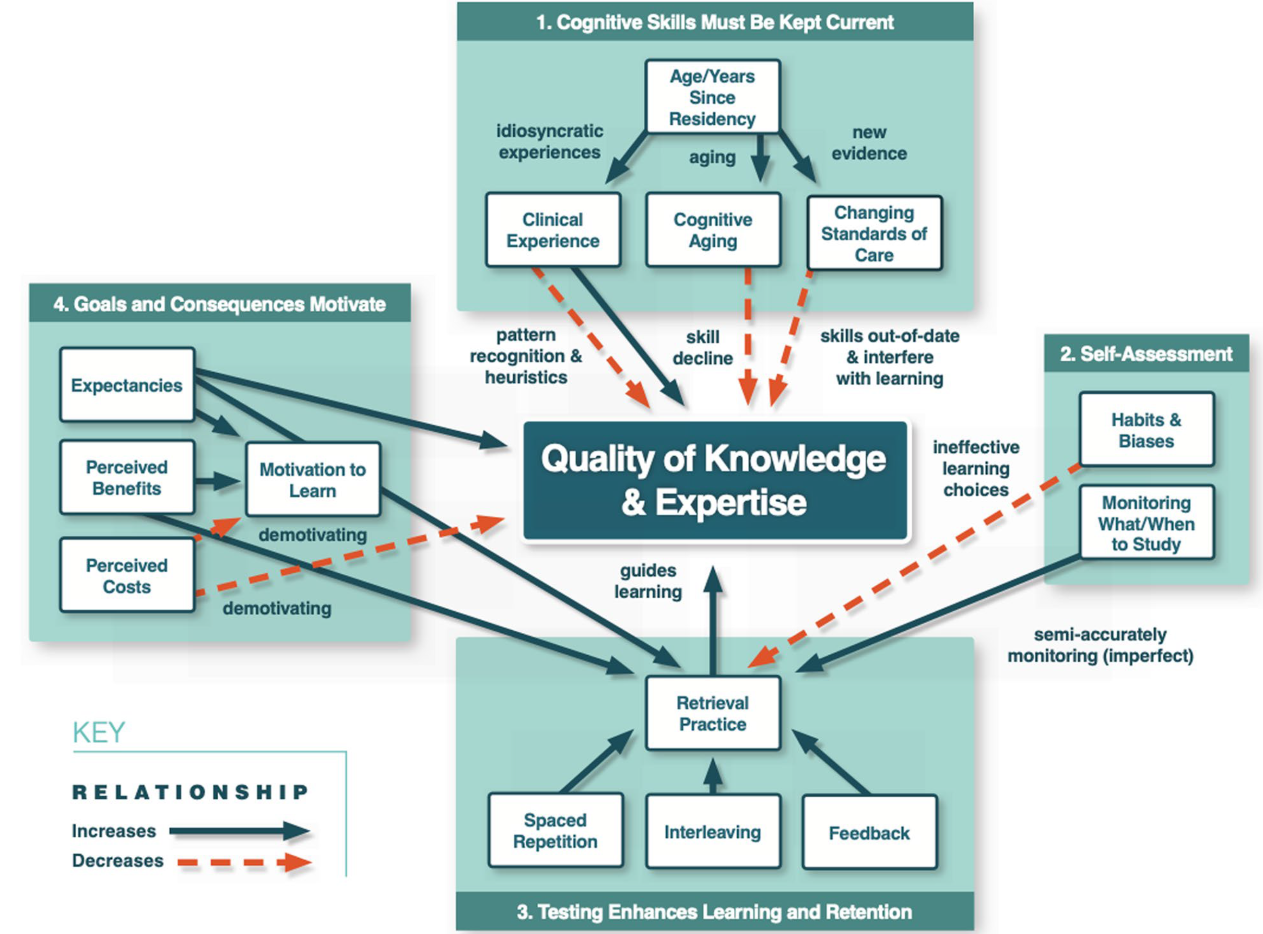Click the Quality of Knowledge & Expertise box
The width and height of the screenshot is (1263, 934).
(x=715, y=480)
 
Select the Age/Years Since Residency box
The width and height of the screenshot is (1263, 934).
(x=712, y=97)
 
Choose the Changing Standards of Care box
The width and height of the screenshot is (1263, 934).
(x=874, y=234)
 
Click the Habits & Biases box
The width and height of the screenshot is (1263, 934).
(x=1146, y=430)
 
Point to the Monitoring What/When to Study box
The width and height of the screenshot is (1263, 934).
(x=1146, y=523)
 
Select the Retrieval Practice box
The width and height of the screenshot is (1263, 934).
(x=712, y=713)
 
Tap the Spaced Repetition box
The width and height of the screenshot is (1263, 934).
(x=555, y=830)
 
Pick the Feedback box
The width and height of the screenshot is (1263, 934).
(x=869, y=833)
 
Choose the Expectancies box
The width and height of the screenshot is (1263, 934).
(x=127, y=385)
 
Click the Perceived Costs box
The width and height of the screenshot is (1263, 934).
(x=127, y=576)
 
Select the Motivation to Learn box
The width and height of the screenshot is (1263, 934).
(x=313, y=479)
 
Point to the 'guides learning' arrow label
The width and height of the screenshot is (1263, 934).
(x=648, y=580)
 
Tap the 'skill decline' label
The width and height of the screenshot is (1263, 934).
(x=703, y=348)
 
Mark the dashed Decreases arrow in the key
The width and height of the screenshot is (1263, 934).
(x=244, y=862)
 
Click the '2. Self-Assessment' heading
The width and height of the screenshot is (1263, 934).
(x=1146, y=354)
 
